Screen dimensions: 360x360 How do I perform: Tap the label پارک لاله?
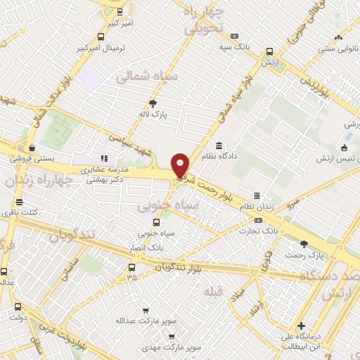click(153, 113)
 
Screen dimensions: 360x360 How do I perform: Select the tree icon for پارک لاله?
click(153, 103)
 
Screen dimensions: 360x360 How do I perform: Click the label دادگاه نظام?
click(219, 156)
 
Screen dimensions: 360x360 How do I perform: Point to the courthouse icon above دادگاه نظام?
click(219, 146)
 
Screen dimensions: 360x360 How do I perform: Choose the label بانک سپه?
click(233, 46)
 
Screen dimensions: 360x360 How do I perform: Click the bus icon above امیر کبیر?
click(120, 11)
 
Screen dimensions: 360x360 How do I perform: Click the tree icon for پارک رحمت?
click(303, 245)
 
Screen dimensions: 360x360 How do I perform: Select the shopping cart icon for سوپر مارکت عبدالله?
click(146, 310)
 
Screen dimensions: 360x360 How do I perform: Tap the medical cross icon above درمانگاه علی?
click(301, 326)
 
